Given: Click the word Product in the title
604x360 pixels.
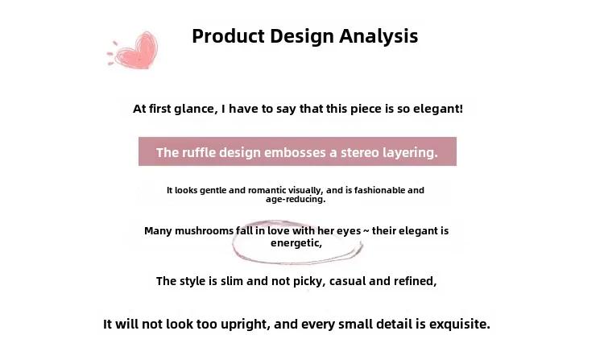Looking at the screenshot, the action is click(x=228, y=36).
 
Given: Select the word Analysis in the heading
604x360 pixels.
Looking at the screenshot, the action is click(x=379, y=36).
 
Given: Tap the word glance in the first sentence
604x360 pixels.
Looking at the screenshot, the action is click(x=196, y=109).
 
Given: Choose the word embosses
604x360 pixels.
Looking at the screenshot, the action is click(x=295, y=152).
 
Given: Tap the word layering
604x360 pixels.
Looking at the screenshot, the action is click(x=410, y=153).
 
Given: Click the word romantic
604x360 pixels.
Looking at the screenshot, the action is click(x=267, y=190).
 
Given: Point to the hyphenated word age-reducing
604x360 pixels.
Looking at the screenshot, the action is click(x=296, y=200).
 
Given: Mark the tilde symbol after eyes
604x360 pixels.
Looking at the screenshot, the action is click(x=366, y=231).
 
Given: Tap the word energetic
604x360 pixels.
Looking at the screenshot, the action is click(x=296, y=243).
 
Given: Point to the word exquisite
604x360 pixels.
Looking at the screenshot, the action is click(x=460, y=325).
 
